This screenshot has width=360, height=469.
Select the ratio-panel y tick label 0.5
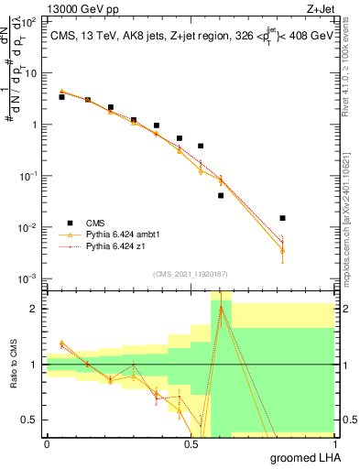pos(31,420)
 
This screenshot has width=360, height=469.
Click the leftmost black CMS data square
pos(61,96)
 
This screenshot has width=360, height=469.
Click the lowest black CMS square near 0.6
pos(221,195)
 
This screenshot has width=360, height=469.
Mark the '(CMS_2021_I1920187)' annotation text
pos(189,274)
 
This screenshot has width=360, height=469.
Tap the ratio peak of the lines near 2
pos(221,308)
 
